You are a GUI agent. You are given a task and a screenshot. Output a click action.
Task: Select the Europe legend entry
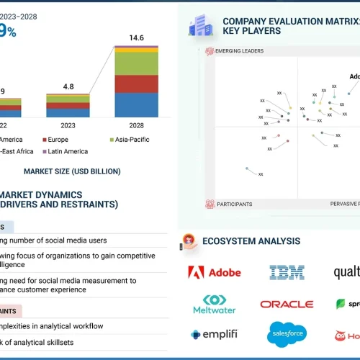click(59, 139)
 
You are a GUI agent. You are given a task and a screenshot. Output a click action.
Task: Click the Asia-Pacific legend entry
click(130, 139)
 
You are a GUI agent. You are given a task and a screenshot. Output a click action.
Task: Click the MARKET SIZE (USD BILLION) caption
click(72, 171)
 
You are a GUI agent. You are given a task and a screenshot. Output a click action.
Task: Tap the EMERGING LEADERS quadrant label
click(235, 51)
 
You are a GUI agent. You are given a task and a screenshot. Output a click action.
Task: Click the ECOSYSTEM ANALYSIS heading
click(251, 241)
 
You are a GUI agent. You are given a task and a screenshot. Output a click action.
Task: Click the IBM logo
click(287, 272)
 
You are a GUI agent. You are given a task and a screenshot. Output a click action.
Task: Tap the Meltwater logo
click(214, 304)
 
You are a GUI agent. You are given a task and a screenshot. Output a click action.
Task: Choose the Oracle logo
click(287, 305)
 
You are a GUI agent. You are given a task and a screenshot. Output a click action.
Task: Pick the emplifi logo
click(214, 334)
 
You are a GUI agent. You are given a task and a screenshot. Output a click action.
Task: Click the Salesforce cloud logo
click(287, 333)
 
